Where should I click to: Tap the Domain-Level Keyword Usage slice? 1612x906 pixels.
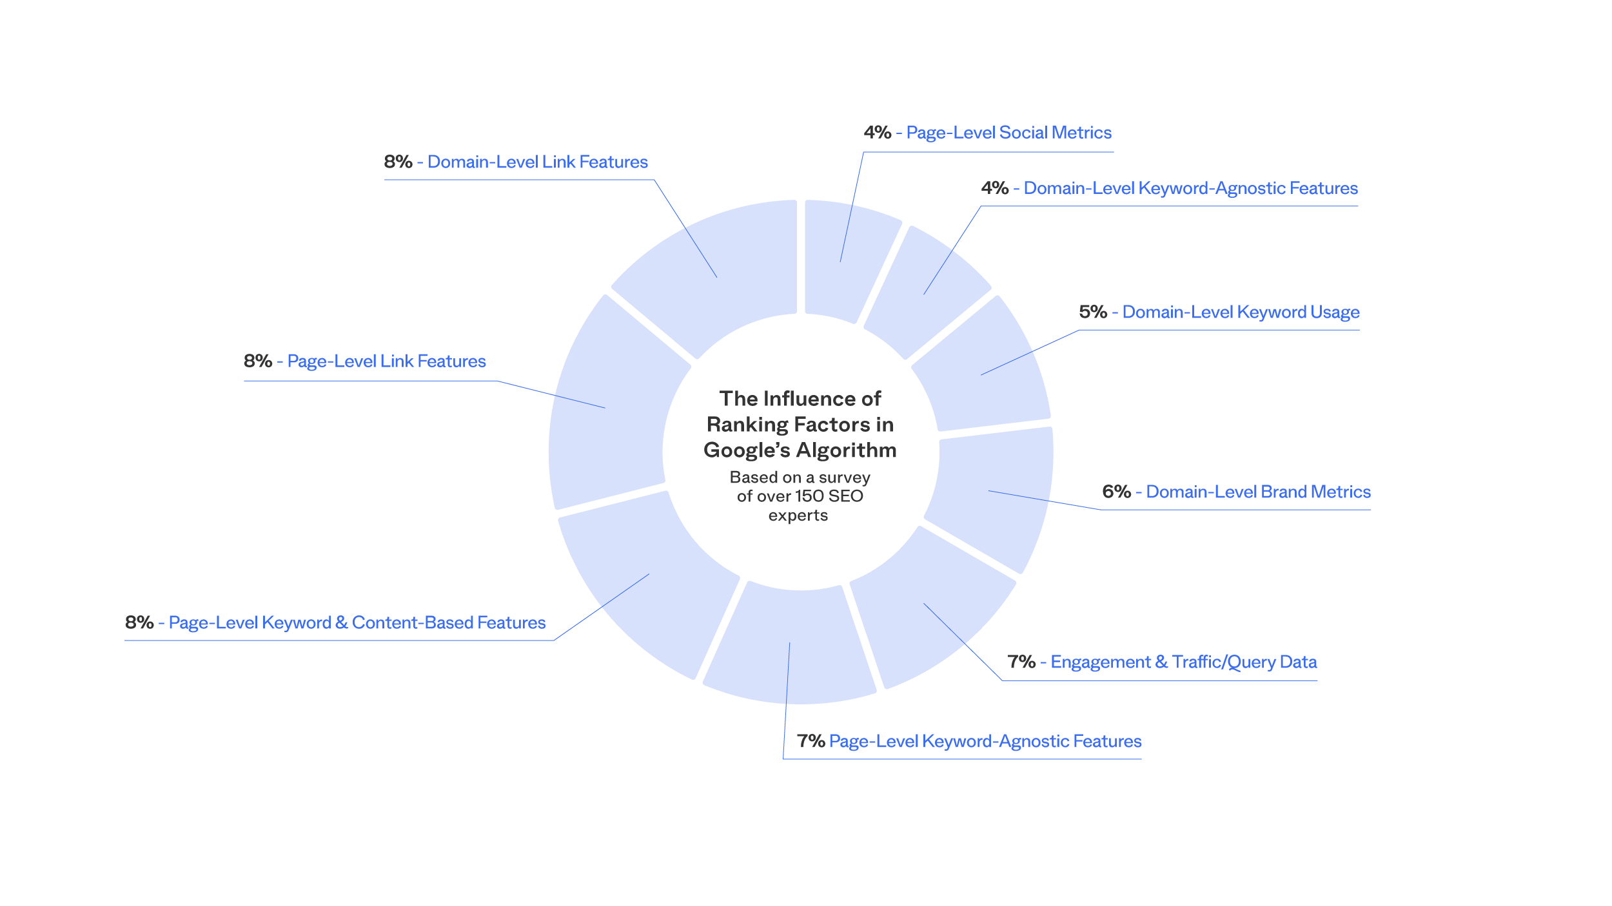981,367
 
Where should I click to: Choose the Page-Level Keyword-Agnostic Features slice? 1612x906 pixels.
790,644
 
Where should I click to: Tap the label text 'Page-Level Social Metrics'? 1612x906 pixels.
1008,133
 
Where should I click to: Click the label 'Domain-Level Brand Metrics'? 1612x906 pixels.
1258,492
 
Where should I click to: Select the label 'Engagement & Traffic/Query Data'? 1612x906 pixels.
1183,662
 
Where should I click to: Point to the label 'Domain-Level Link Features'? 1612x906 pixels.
538,162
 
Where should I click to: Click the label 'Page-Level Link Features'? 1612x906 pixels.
386,361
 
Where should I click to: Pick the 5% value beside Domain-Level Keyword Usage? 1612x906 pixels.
1092,313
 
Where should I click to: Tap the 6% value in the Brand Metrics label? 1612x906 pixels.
1116,492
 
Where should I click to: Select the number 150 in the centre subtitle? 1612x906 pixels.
809,497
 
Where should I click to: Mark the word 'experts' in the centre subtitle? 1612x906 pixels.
798,516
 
